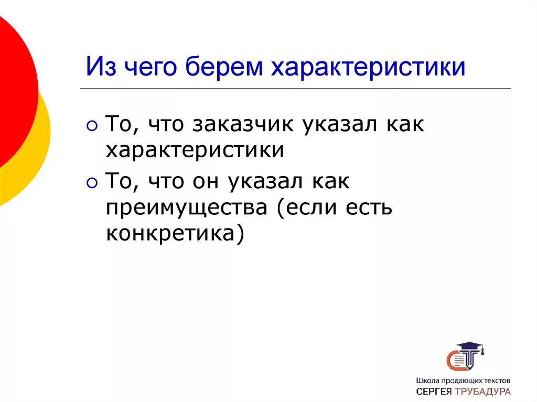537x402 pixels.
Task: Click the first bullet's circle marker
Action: (x=92, y=126)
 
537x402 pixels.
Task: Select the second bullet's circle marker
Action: (x=92, y=183)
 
